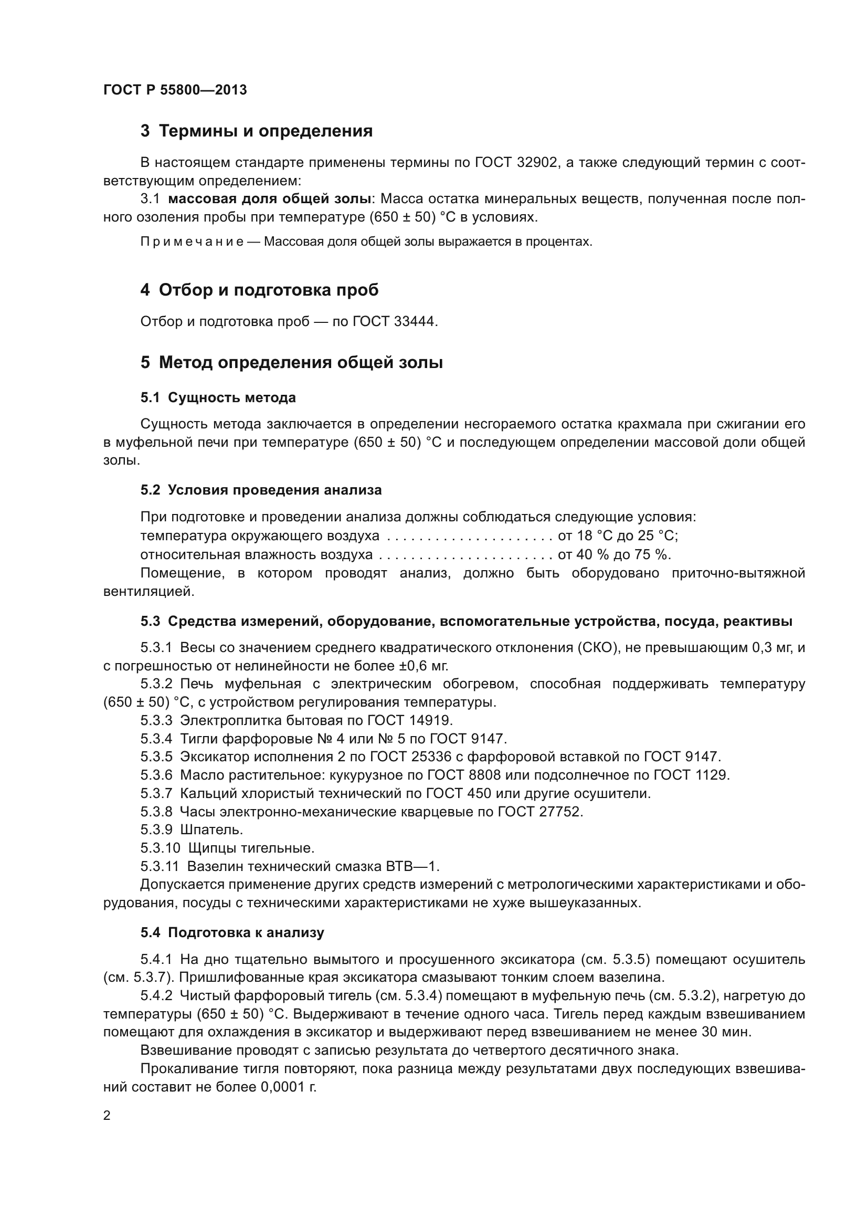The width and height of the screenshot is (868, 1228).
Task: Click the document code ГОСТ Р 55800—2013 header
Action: point(175,90)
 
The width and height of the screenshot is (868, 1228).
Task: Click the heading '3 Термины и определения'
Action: point(257,131)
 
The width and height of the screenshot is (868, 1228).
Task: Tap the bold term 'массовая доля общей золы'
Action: point(270,199)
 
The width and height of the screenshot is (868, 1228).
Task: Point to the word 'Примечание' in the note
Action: point(192,242)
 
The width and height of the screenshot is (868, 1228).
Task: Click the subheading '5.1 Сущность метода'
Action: point(218,398)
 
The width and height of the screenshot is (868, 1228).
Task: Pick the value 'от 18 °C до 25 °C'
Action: point(618,536)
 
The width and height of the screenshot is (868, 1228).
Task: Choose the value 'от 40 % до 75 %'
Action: point(614,554)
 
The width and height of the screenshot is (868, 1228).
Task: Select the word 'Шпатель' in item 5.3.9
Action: point(211,830)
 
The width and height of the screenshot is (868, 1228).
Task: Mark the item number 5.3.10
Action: point(161,848)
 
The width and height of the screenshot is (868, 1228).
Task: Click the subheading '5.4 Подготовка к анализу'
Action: point(232,933)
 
